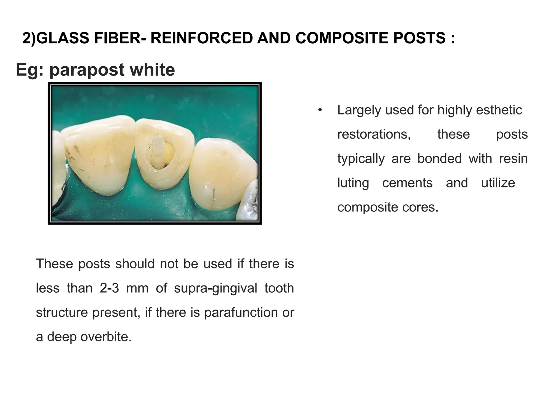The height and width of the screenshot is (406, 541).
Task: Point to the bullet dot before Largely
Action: point(320,110)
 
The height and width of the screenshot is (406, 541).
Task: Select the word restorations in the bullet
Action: point(374,134)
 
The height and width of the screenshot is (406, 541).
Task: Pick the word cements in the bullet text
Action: point(407,183)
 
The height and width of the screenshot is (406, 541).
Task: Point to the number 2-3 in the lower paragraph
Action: point(109,288)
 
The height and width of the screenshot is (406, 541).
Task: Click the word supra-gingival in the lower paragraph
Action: point(215,288)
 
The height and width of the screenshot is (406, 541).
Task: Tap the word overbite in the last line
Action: point(106,337)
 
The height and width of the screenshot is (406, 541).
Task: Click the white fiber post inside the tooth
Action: point(158,151)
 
